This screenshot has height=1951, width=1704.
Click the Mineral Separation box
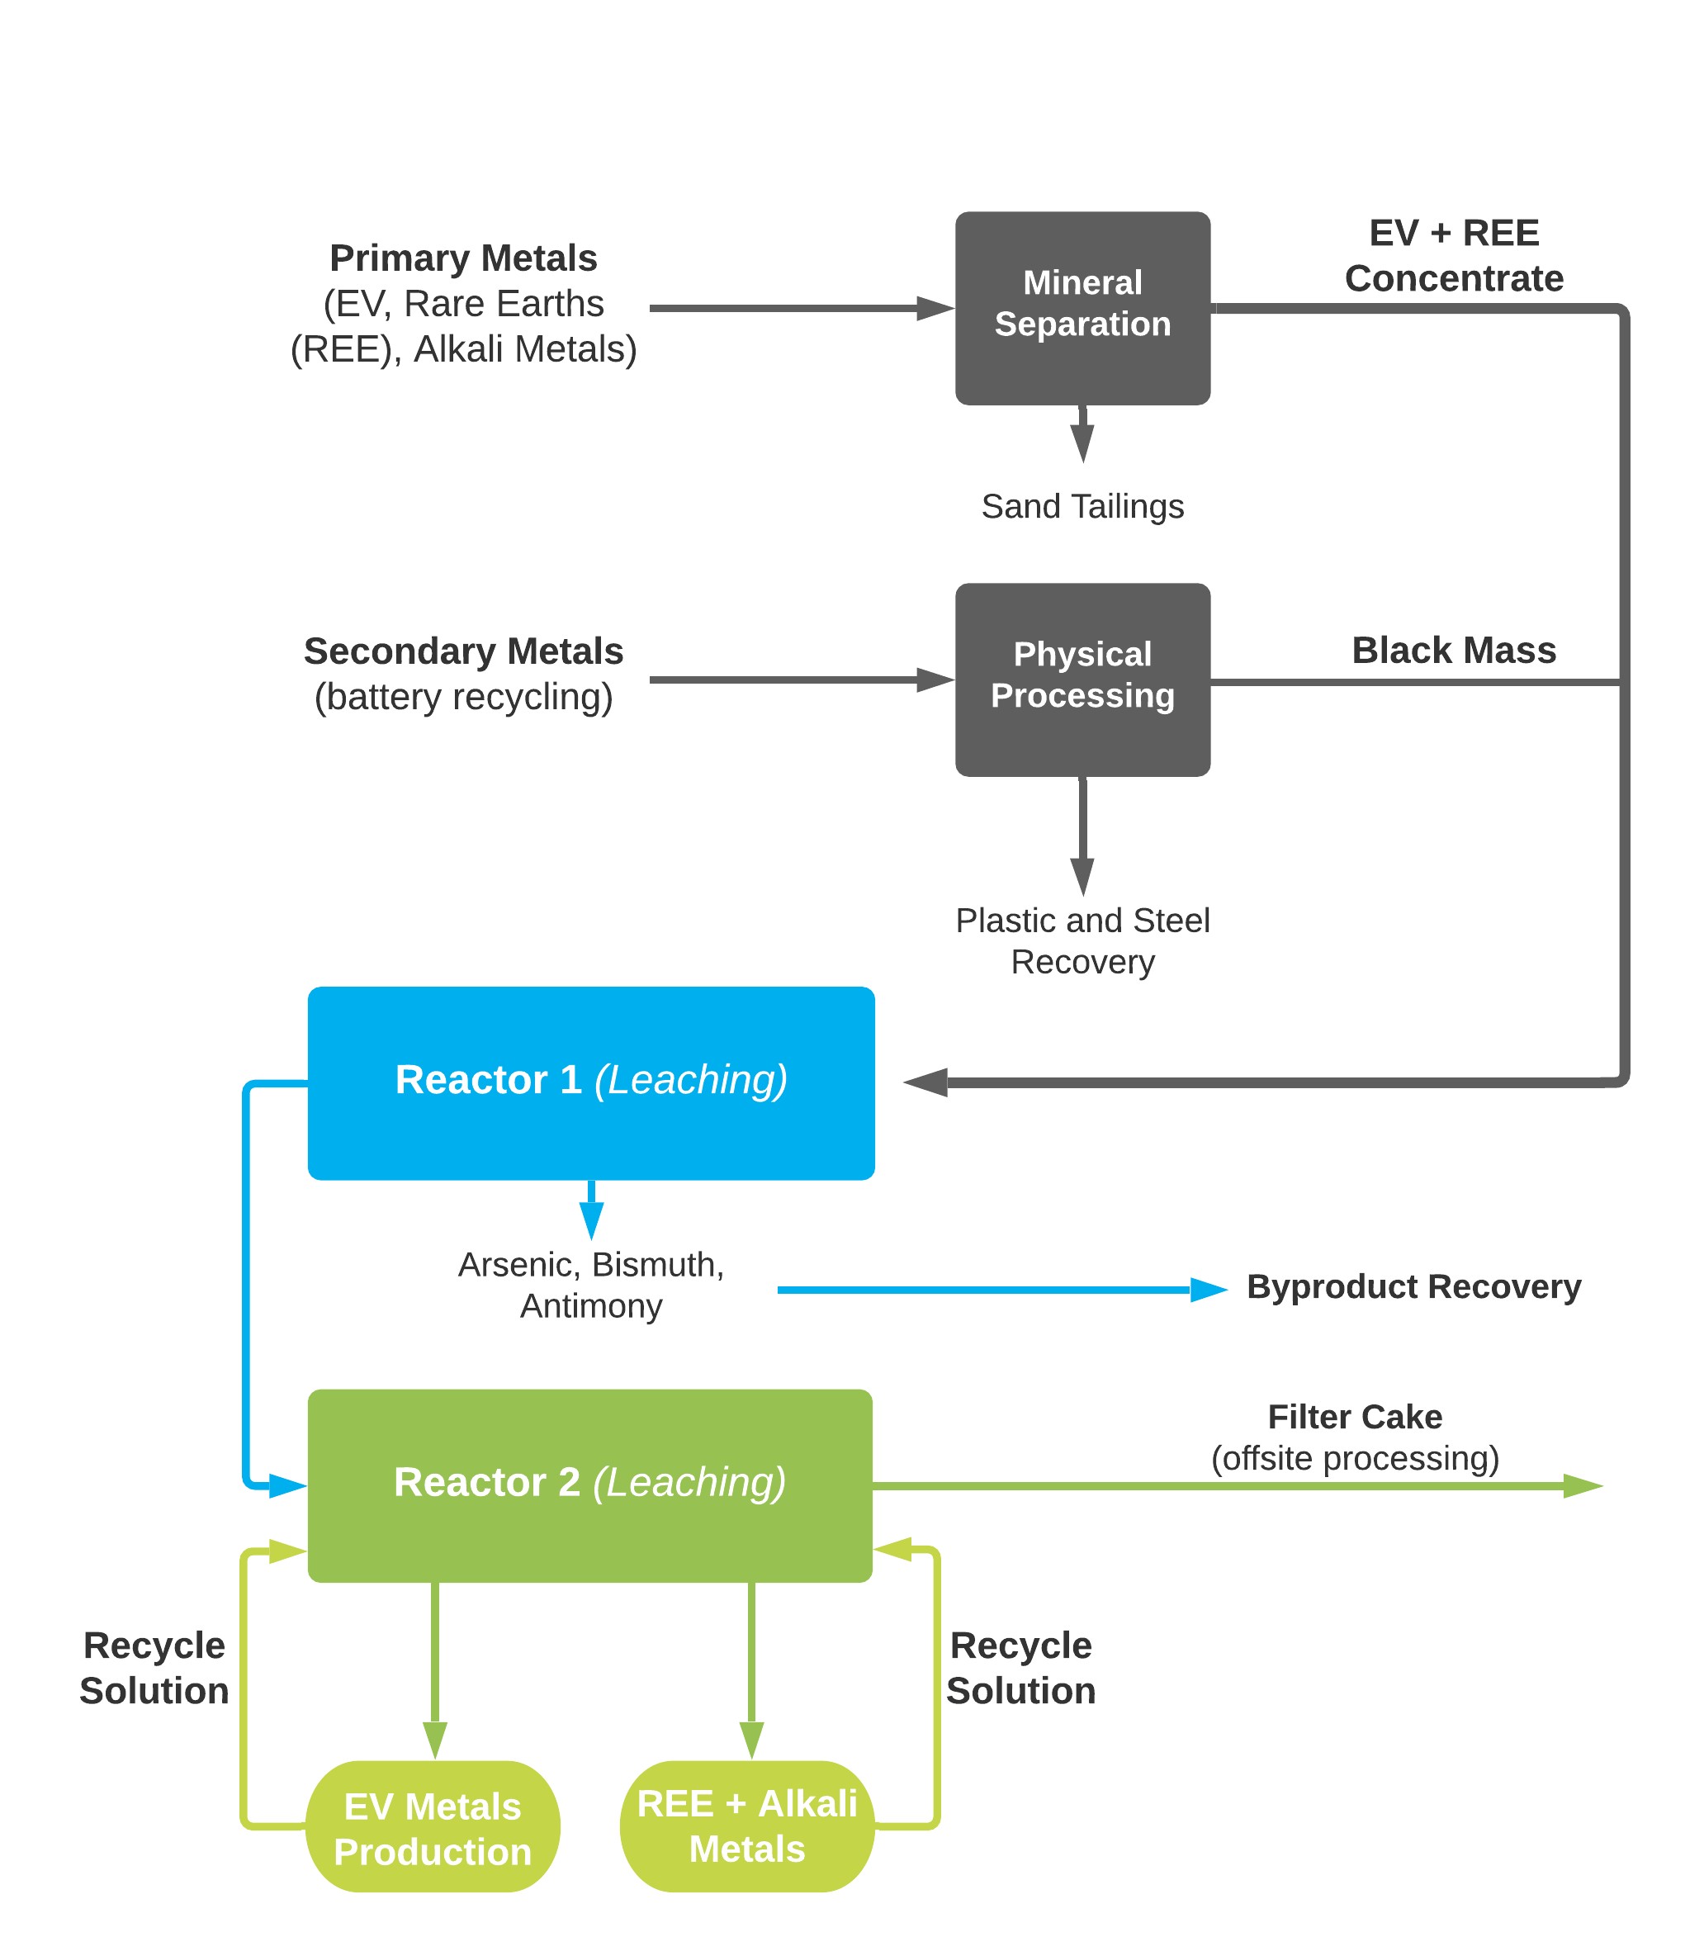(1082, 308)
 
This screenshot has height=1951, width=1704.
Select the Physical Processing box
(1082, 680)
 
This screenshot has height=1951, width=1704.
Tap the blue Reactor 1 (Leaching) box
(590, 1083)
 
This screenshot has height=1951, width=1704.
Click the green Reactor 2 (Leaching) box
(589, 1485)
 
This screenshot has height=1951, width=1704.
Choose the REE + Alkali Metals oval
(746, 1826)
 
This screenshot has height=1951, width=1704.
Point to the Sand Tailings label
(1082, 507)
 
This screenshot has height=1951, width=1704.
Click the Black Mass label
(1454, 651)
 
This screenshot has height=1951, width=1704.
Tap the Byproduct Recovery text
(1413, 1286)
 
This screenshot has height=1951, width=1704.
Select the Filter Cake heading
(1355, 1417)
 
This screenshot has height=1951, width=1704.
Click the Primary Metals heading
(463, 258)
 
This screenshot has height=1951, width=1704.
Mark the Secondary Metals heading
(463, 651)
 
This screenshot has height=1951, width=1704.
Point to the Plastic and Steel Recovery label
(1082, 941)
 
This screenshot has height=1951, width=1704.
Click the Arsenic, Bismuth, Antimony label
(590, 1286)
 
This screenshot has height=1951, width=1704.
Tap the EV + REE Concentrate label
(1454, 256)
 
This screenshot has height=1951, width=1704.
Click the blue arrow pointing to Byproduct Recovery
(998, 1290)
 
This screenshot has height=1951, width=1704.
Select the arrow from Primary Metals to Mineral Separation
(799, 308)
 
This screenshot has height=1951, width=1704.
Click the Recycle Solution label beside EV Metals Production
(154, 1668)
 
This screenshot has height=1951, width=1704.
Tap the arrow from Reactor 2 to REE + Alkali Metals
(751, 1669)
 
